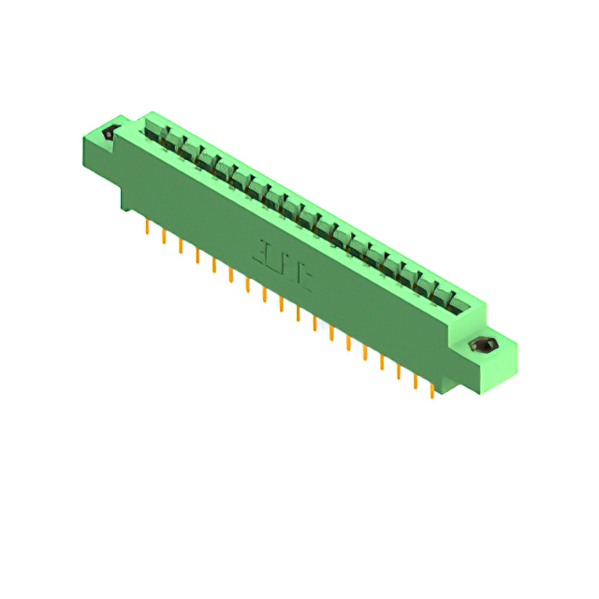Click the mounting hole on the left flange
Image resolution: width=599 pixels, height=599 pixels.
point(109,134)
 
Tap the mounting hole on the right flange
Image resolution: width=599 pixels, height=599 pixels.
point(484,347)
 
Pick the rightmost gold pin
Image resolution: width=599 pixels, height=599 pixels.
point(431,388)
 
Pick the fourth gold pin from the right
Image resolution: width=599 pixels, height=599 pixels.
point(382,360)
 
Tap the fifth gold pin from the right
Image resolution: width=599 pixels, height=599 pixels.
point(365,351)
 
